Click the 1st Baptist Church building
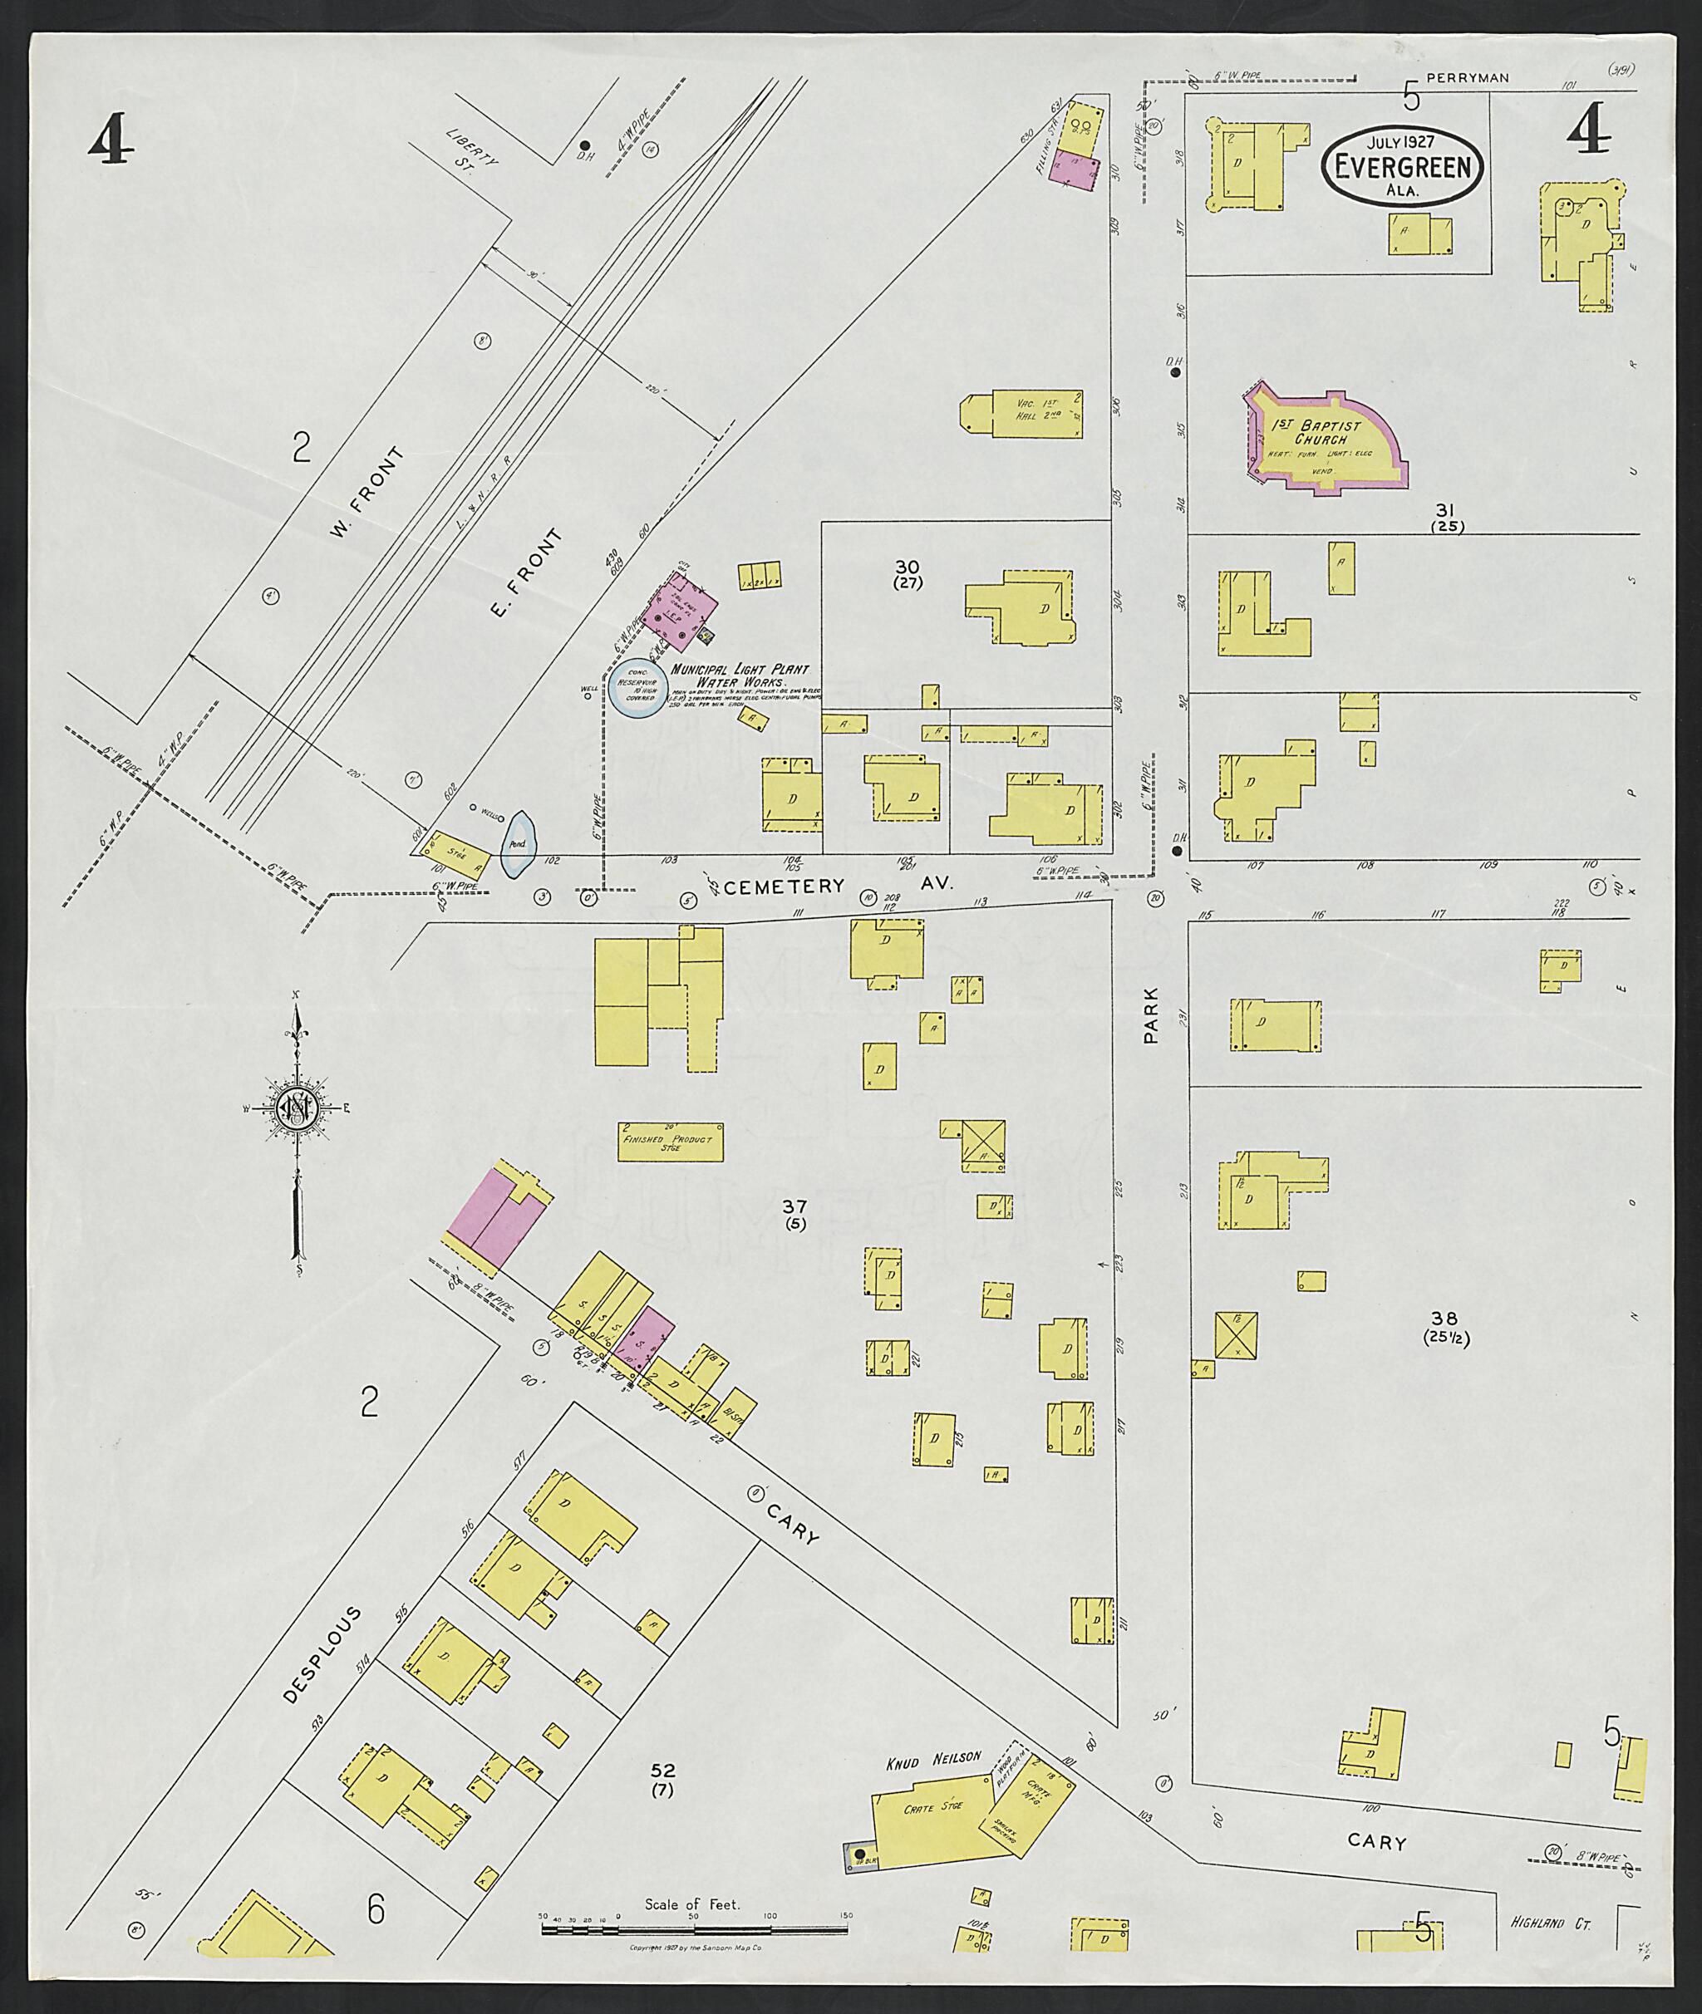point(1326,443)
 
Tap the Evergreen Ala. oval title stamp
point(1402,166)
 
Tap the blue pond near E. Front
point(517,844)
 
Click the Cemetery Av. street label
point(838,886)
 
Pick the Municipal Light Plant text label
point(740,670)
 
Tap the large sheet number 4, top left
point(109,140)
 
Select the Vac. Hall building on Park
point(1021,415)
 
